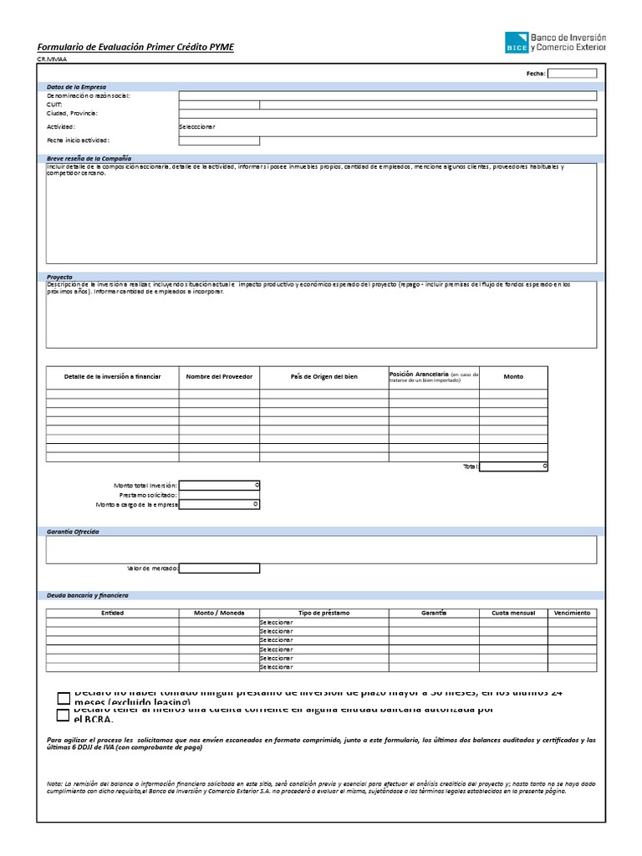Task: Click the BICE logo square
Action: coord(517,43)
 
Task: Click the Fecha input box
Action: coord(572,74)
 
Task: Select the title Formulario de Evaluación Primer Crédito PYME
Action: coord(135,48)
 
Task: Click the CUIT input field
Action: coord(219,104)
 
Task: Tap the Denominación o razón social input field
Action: coord(387,96)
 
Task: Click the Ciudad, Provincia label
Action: coord(73,113)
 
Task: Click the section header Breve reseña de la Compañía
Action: coord(89,158)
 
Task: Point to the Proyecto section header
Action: coord(60,276)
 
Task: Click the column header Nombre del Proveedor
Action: coord(219,377)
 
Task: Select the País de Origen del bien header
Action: coord(324,377)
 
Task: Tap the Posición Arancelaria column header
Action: coord(433,376)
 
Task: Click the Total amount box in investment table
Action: coord(513,466)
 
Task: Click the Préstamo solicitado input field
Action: coord(219,495)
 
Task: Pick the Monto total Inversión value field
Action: coord(219,485)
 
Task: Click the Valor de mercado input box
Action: coord(219,568)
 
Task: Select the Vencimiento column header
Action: coord(572,613)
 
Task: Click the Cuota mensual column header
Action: coord(513,613)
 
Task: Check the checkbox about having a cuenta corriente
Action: coord(64,715)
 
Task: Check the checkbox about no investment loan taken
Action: coord(64,698)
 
